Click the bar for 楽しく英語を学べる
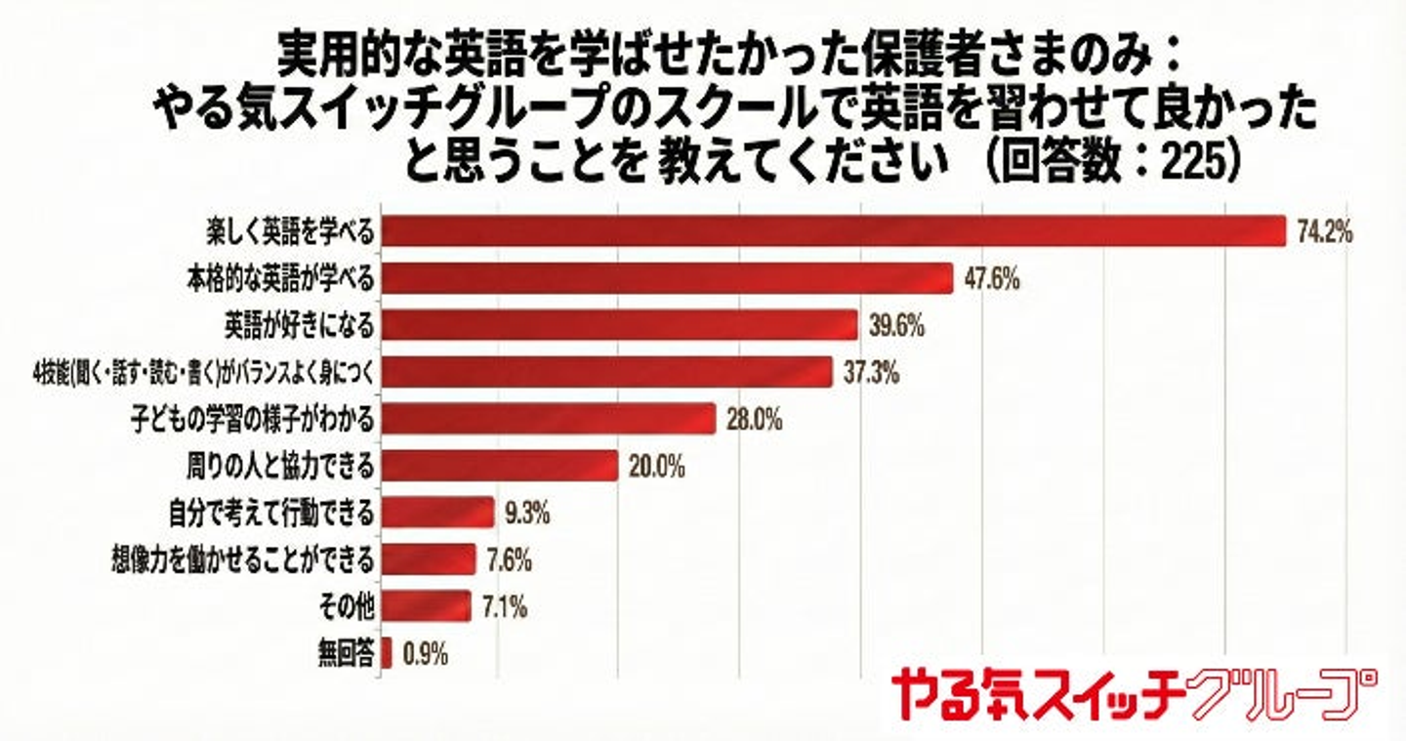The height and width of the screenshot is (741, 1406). [833, 230]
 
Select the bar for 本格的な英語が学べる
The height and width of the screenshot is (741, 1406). [666, 278]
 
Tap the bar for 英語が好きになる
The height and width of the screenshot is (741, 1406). [618, 325]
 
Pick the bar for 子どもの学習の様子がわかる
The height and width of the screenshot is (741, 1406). [548, 420]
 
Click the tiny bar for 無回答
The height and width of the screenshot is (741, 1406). [387, 653]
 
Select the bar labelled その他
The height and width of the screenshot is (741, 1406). [425, 606]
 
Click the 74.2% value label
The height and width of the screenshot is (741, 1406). [1324, 231]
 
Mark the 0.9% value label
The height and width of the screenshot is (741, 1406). [425, 654]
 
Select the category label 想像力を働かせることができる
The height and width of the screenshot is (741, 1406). [243, 560]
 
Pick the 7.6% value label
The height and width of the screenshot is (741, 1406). [508, 560]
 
